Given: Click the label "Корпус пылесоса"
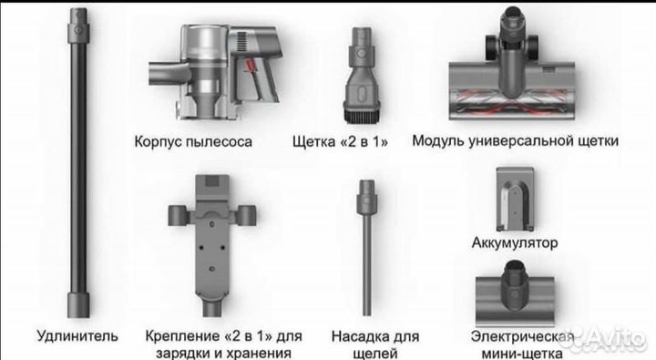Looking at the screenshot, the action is pyautogui.click(x=193, y=141).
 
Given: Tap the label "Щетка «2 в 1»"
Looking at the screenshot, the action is pyautogui.click(x=340, y=141).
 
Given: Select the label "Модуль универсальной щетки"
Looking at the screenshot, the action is pyautogui.click(x=515, y=140).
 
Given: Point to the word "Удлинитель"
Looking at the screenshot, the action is pyautogui.click(x=77, y=335).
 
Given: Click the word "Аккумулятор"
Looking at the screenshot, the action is pyautogui.click(x=515, y=242).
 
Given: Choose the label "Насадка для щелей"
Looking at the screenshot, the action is pyautogui.click(x=374, y=345).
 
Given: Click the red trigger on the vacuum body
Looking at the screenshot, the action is pyautogui.click(x=251, y=67).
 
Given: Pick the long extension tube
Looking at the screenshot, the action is pyautogui.click(x=78, y=163).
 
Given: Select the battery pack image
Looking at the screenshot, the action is pyautogui.click(x=515, y=200).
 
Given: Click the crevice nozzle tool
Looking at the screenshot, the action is pyautogui.click(x=367, y=247).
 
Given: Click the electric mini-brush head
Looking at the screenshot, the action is pyautogui.click(x=515, y=293).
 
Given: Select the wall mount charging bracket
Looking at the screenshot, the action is pyautogui.click(x=212, y=245).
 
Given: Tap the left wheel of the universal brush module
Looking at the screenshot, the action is pyautogui.click(x=490, y=47).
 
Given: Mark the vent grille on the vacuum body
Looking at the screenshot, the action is pyautogui.click(x=242, y=42).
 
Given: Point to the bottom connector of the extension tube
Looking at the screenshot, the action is pyautogui.click(x=78, y=305).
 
